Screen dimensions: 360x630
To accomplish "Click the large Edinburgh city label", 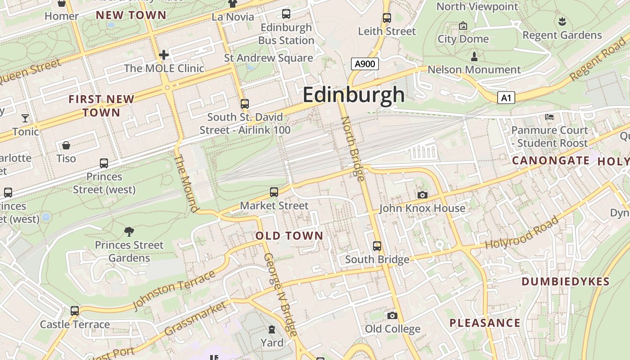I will click(354, 95).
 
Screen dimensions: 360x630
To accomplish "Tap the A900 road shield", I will click(364, 64).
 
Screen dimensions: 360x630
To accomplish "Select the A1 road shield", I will click(506, 98).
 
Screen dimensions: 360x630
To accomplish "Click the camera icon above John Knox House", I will click(422, 195).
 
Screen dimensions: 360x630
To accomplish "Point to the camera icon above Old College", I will click(392, 315).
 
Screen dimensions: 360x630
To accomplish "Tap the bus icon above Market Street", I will click(274, 192).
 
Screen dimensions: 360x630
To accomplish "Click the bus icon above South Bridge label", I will click(377, 246).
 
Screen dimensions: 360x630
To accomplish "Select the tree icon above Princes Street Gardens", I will click(129, 232).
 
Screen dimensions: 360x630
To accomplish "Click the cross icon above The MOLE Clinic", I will click(164, 55).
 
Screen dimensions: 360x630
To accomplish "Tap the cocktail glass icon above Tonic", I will click(25, 118).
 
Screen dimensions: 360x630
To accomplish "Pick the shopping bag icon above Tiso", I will click(66, 145).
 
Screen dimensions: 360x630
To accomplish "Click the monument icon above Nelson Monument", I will click(474, 57).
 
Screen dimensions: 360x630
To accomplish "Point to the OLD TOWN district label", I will click(289, 235).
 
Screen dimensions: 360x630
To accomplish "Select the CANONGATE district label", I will click(551, 161).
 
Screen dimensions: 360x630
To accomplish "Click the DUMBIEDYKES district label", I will click(565, 282).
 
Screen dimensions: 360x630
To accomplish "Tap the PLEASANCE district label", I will click(485, 323).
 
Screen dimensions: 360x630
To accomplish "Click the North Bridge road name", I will click(353, 148).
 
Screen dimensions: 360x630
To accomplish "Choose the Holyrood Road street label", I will click(522, 233).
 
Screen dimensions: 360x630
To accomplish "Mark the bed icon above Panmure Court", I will click(549, 117).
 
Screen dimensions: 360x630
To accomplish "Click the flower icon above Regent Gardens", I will click(562, 21).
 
